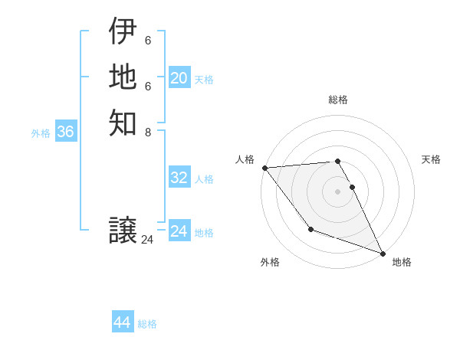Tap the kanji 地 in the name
click(123, 77)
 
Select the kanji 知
click(123, 122)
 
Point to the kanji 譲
click(123, 230)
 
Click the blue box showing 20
click(179, 78)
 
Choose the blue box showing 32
click(179, 178)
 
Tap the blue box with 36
click(65, 132)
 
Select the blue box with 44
click(122, 322)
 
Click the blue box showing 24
click(179, 231)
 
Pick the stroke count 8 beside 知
click(148, 132)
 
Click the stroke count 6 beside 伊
click(148, 41)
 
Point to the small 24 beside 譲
click(147, 240)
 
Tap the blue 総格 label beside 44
click(147, 324)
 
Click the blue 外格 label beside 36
click(41, 133)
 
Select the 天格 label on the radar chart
click(431, 159)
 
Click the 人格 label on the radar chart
click(245, 159)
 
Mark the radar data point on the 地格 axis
click(383, 253)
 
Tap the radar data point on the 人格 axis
click(264, 168)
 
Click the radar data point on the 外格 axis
click(310, 229)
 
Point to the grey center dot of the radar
click(337, 191)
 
